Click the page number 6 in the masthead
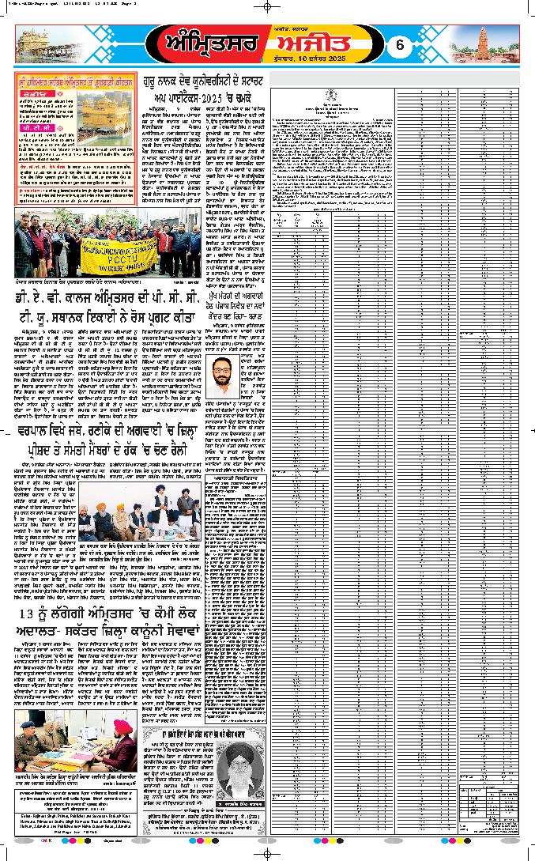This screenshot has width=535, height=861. [x=400, y=45]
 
